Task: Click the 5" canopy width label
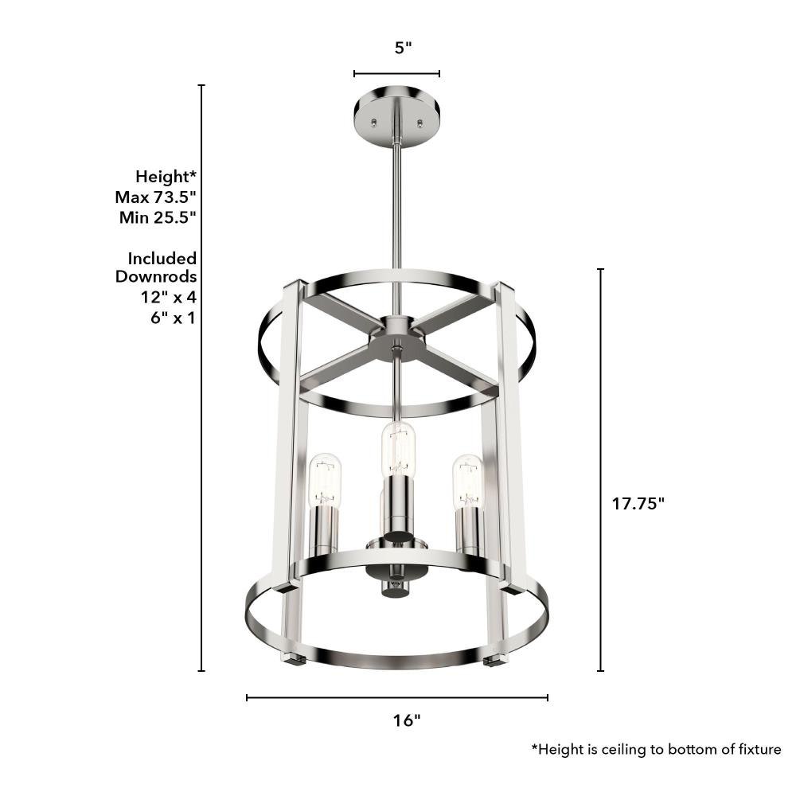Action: pos(403,49)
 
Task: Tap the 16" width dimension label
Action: pos(407,720)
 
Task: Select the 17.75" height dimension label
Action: pos(638,504)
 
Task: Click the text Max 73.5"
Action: pos(155,197)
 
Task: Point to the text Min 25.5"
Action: pos(158,217)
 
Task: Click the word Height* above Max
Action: pos(166,177)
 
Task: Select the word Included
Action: pos(162,259)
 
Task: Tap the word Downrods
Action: pos(156,277)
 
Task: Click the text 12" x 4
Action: pos(169,297)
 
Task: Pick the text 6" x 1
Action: pos(173,318)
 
